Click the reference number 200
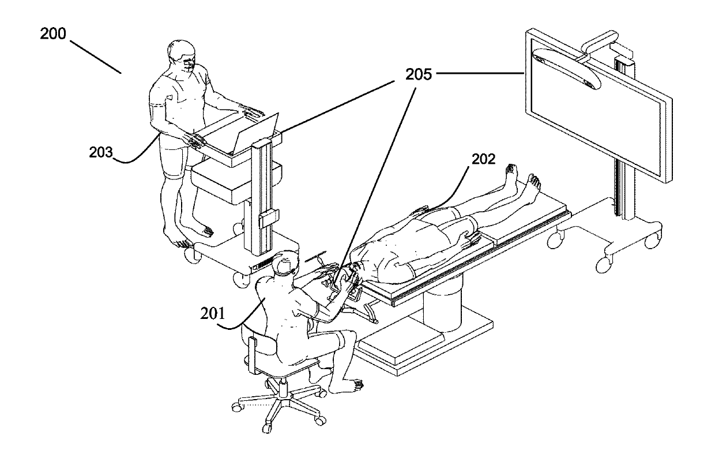click(53, 33)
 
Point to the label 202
click(483, 160)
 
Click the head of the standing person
click(183, 56)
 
